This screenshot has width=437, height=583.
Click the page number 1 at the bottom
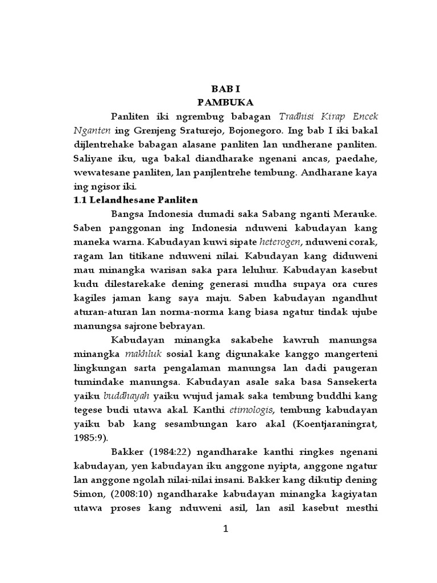click(226, 529)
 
